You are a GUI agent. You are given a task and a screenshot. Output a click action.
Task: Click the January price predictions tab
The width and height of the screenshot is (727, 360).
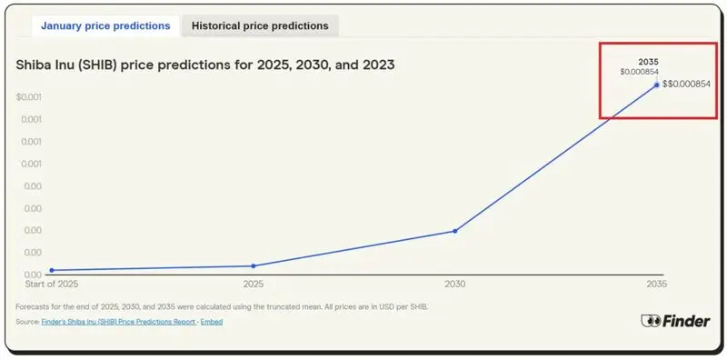point(105,26)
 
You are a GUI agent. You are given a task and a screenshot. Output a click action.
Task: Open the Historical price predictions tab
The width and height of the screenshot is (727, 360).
point(260,26)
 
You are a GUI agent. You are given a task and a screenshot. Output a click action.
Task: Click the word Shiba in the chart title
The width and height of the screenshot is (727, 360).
point(36,65)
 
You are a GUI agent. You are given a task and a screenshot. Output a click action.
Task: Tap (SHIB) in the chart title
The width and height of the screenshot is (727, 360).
point(107,65)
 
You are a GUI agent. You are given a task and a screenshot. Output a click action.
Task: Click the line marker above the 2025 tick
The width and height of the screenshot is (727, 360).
point(254,265)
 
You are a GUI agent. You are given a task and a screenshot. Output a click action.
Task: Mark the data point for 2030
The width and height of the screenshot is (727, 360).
point(454,231)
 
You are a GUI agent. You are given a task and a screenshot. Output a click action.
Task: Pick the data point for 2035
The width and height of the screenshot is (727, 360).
point(656,85)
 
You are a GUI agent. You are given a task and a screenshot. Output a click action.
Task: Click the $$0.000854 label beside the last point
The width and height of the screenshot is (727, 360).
point(686,85)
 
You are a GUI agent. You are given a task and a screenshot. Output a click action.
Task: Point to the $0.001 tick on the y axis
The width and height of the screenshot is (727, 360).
point(29,96)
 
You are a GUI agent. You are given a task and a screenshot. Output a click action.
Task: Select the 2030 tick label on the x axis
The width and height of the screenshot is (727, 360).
point(454,285)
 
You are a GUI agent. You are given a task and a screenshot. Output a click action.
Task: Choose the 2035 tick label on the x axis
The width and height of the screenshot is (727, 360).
point(656,285)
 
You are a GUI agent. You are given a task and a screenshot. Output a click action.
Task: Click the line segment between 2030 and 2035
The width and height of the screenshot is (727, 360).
point(555,157)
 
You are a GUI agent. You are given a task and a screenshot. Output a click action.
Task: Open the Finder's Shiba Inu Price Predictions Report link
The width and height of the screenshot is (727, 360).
point(118,322)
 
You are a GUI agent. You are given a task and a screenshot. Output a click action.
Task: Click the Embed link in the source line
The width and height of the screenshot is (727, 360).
point(211,322)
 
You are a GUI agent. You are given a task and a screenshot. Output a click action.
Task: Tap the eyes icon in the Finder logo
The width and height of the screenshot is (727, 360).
point(651,321)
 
